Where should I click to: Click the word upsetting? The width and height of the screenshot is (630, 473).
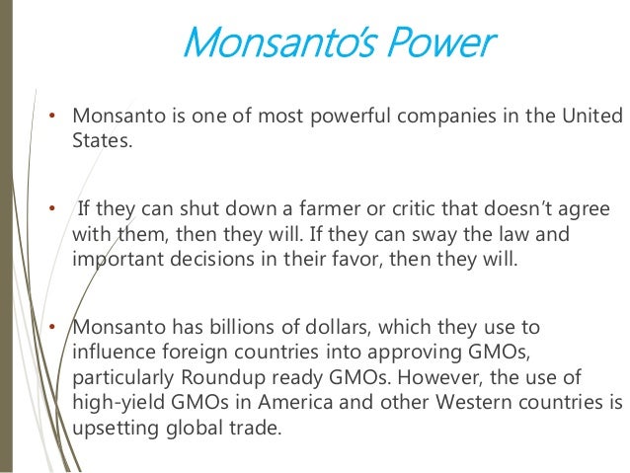tap(118, 430)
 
